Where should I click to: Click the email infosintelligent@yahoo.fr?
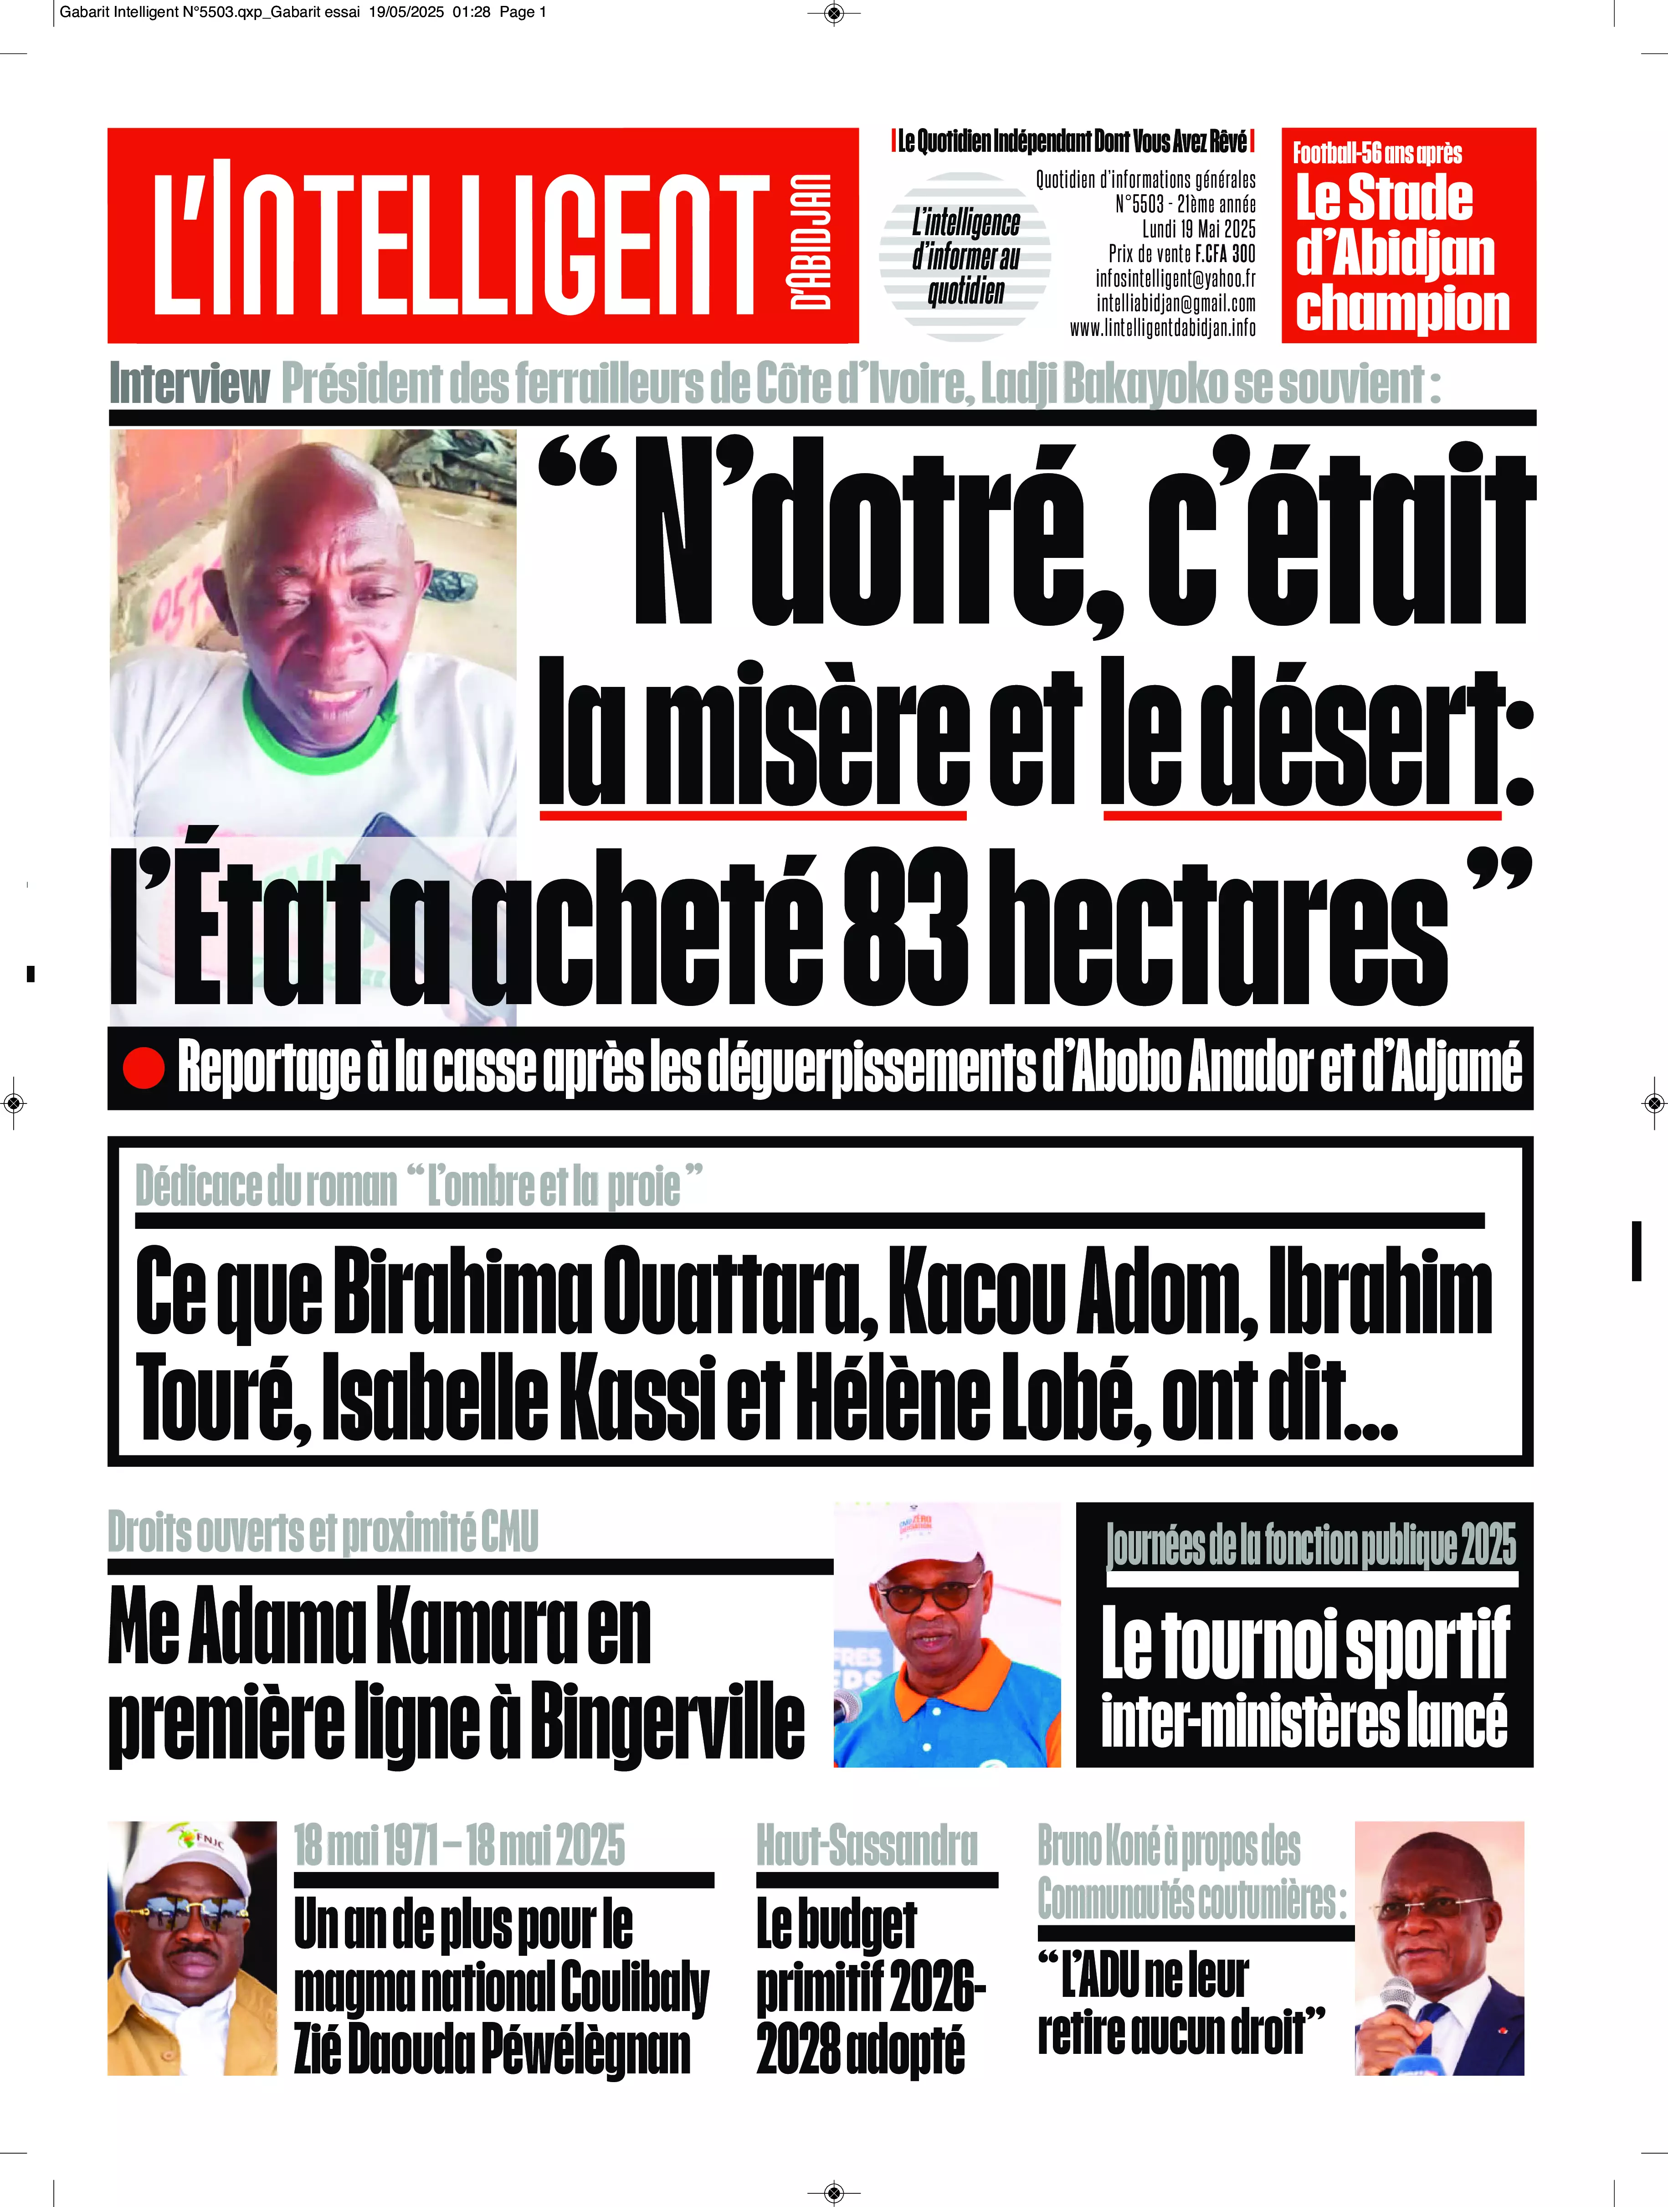[x=1175, y=278]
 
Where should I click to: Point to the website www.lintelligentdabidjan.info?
[x=1162, y=328]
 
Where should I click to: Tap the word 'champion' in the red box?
[x=1401, y=308]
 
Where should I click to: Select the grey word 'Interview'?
[x=190, y=384]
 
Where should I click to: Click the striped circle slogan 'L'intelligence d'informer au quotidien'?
[x=965, y=257]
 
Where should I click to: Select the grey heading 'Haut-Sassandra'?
[x=866, y=1846]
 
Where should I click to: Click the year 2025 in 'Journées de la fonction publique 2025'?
[x=1488, y=1546]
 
